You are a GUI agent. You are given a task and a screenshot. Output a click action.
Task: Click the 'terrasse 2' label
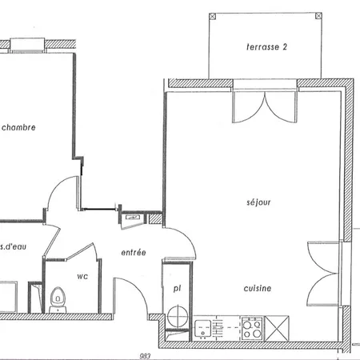266,47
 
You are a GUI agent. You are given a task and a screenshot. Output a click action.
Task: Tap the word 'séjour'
258,202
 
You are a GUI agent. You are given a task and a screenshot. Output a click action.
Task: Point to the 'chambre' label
18,127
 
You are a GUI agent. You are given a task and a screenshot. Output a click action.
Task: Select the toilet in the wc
57,301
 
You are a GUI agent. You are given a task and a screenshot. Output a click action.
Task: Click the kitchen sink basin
203,326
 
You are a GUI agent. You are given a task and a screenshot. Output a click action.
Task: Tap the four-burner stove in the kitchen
253,326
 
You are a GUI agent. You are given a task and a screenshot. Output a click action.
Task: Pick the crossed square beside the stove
279,326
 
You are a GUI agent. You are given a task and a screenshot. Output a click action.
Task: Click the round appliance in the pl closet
178,317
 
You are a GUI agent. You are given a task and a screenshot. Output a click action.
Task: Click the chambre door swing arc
58,196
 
